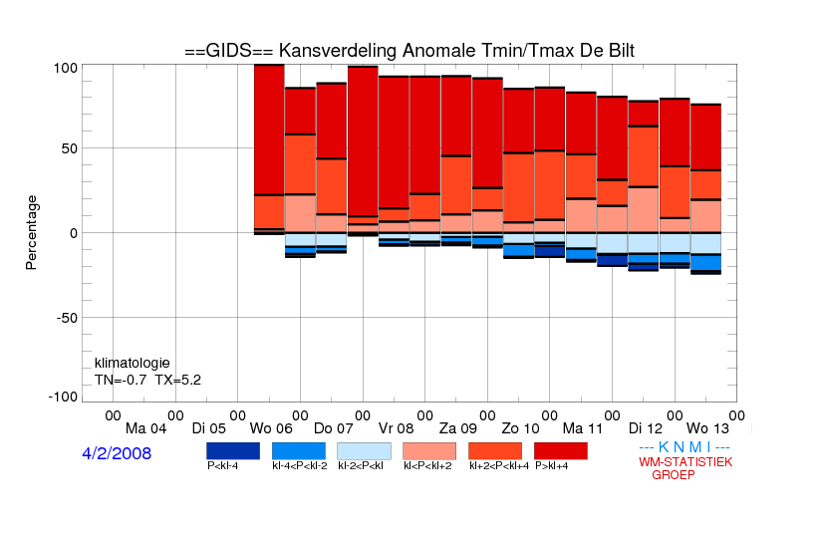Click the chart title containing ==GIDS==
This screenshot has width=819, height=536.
(x=409, y=51)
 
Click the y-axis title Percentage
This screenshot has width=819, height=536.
(x=31, y=232)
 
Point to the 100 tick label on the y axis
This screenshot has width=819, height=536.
(x=66, y=68)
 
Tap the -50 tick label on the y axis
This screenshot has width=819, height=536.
(x=67, y=318)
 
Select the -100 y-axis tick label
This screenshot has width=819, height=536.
(x=63, y=397)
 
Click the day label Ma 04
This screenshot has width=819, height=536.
(x=146, y=428)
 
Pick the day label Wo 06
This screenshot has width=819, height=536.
(x=271, y=428)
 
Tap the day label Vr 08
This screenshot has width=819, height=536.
(x=396, y=428)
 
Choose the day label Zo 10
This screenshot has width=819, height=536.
(x=520, y=428)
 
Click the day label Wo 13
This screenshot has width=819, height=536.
(x=707, y=428)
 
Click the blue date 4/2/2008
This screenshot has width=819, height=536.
(x=117, y=453)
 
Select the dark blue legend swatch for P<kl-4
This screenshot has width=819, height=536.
(x=233, y=451)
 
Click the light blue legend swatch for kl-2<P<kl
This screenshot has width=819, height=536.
(x=364, y=451)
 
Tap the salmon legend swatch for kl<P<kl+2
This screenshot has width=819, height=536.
(x=429, y=451)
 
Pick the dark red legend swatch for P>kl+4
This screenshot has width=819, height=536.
(x=561, y=451)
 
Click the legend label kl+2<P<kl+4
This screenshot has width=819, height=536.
(x=499, y=465)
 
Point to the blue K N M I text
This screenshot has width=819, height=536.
(x=684, y=447)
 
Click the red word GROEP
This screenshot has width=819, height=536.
(x=674, y=475)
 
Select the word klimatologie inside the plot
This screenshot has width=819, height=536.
(x=133, y=363)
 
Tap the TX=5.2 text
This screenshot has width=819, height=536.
(x=178, y=380)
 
